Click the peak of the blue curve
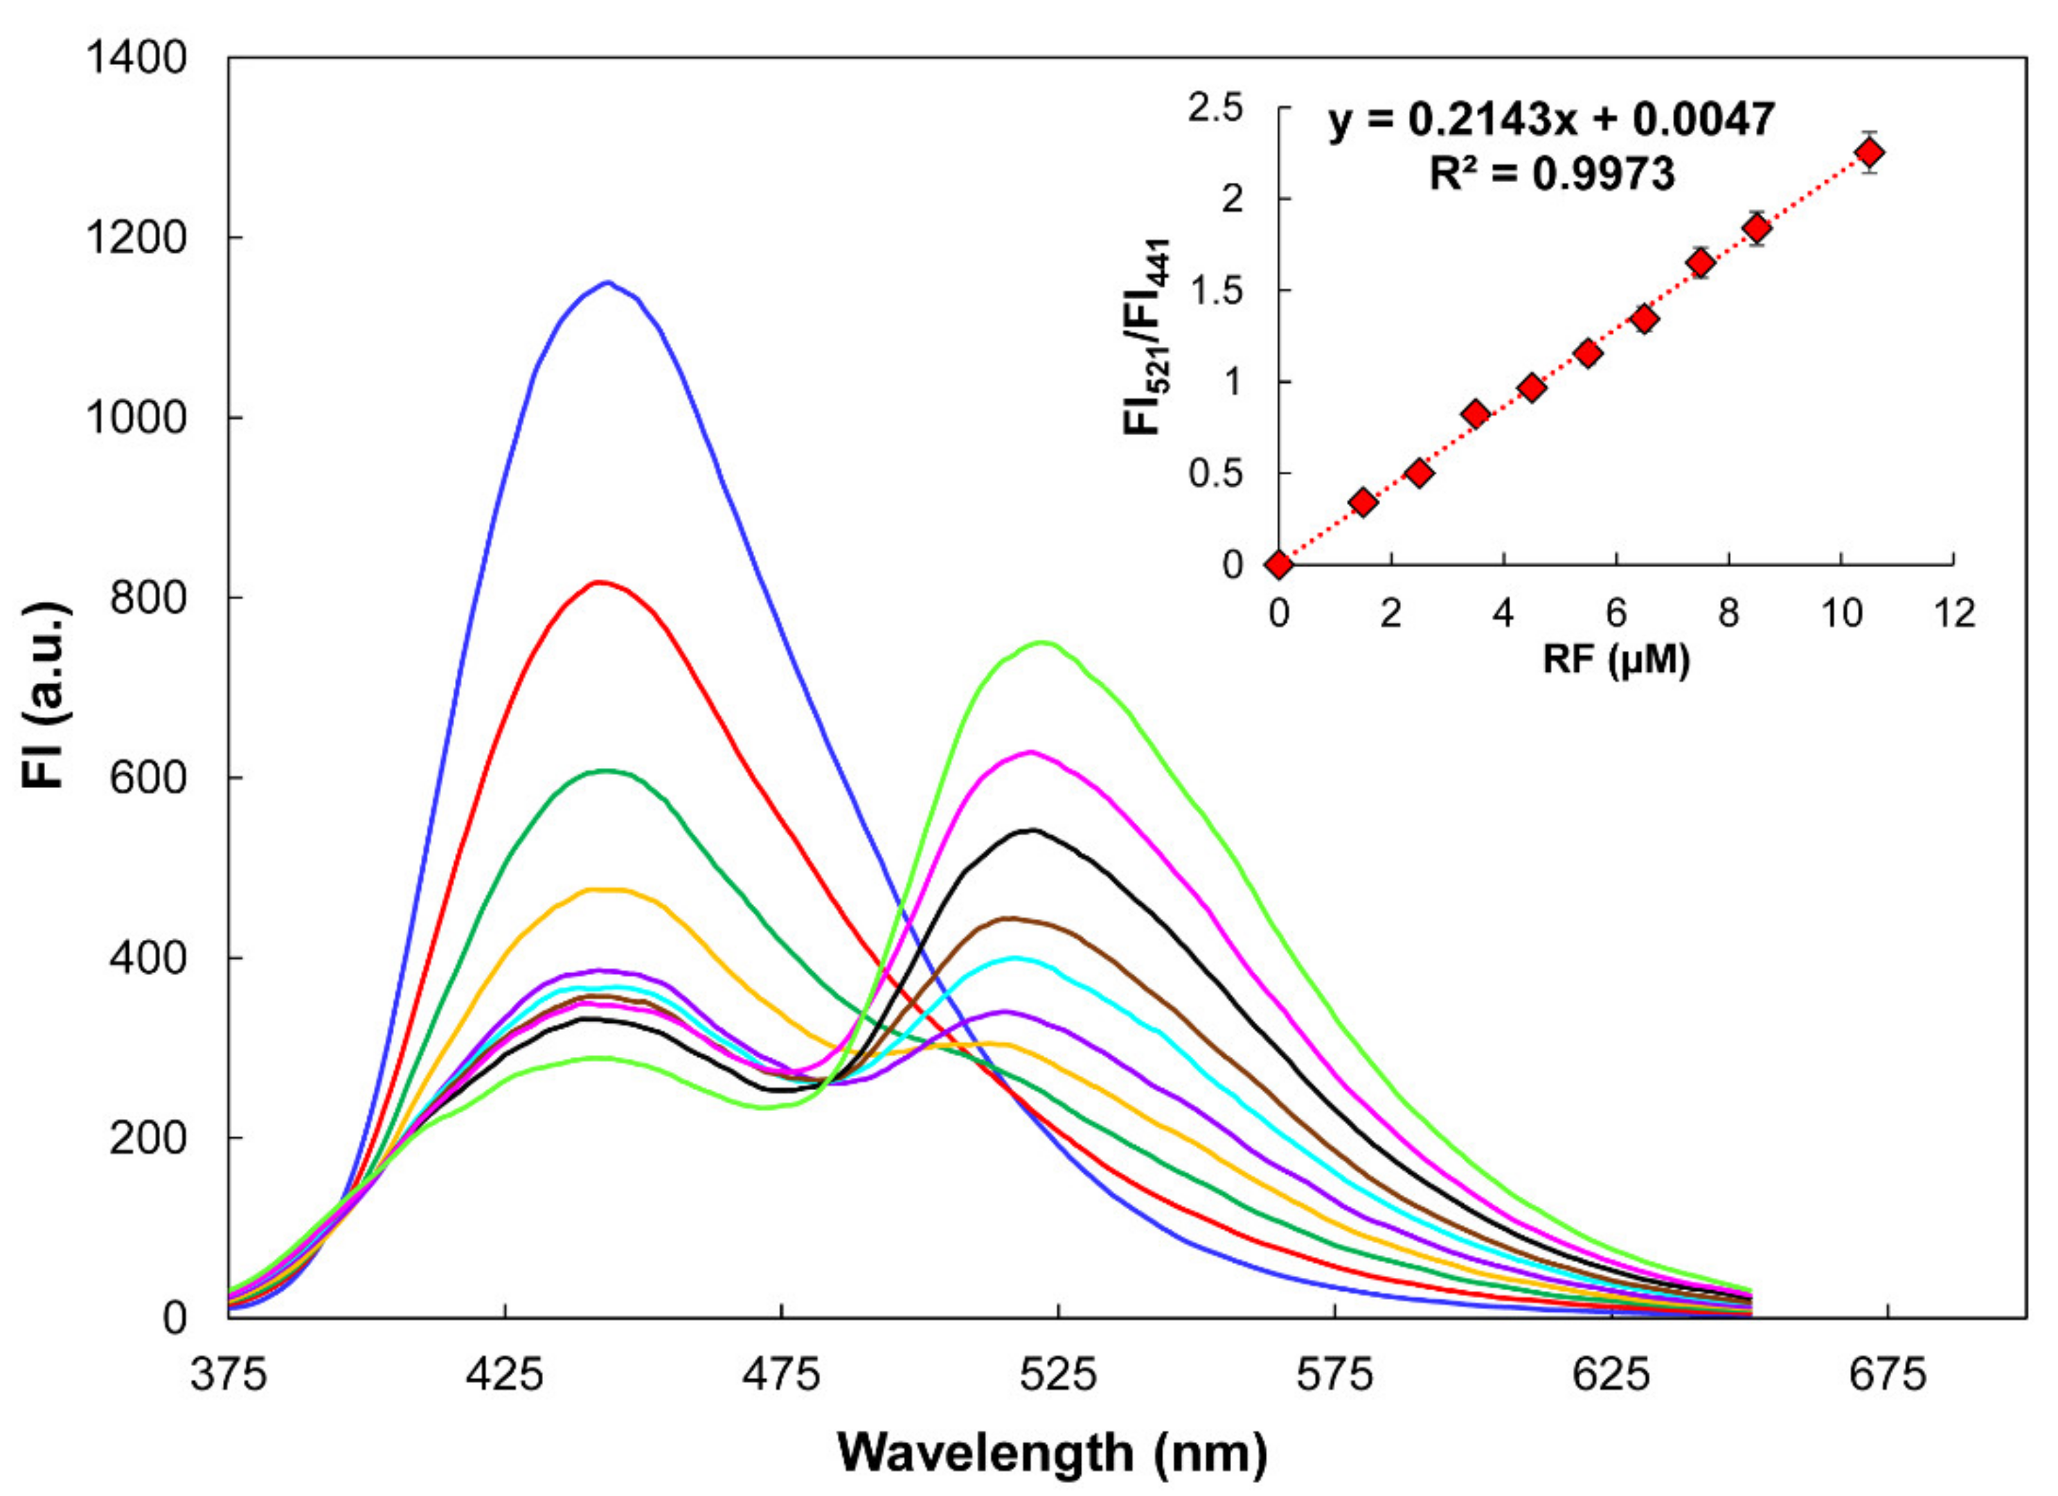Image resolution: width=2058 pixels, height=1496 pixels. point(608,283)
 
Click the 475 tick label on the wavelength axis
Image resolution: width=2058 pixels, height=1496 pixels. point(780,1375)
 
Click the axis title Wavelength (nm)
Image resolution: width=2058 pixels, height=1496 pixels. point(1052,1453)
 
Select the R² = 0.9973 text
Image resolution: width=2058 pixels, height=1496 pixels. point(1552,172)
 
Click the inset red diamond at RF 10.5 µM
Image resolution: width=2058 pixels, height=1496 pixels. point(1869,152)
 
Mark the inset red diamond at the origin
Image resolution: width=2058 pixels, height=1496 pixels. point(1280,564)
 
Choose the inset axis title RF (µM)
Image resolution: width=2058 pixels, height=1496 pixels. point(1616,660)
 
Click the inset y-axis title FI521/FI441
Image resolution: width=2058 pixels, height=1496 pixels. point(1148,336)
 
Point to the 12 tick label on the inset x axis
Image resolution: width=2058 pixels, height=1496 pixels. point(1953,614)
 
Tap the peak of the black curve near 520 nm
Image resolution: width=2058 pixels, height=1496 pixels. point(1032,830)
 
